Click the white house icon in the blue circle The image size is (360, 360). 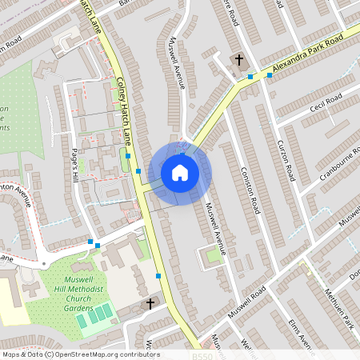(180, 173)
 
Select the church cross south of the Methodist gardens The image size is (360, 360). (150, 303)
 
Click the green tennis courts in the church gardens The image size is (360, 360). (95, 314)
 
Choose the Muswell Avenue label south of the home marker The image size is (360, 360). (215, 228)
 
